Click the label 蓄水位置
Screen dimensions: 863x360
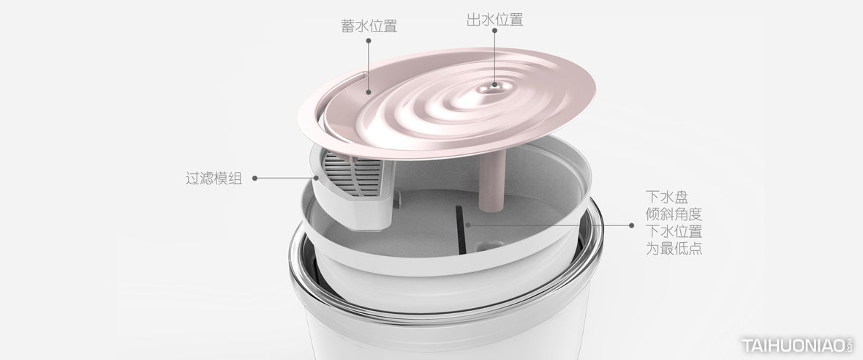[369, 26]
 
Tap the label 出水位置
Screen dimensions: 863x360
[495, 20]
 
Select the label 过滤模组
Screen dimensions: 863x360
[214, 179]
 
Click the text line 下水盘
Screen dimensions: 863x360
[667, 198]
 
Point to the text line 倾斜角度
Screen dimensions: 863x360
[674, 214]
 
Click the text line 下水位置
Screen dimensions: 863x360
[674, 231]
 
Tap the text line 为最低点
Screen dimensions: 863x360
[674, 248]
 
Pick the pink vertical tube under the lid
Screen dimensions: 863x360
[492, 181]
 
